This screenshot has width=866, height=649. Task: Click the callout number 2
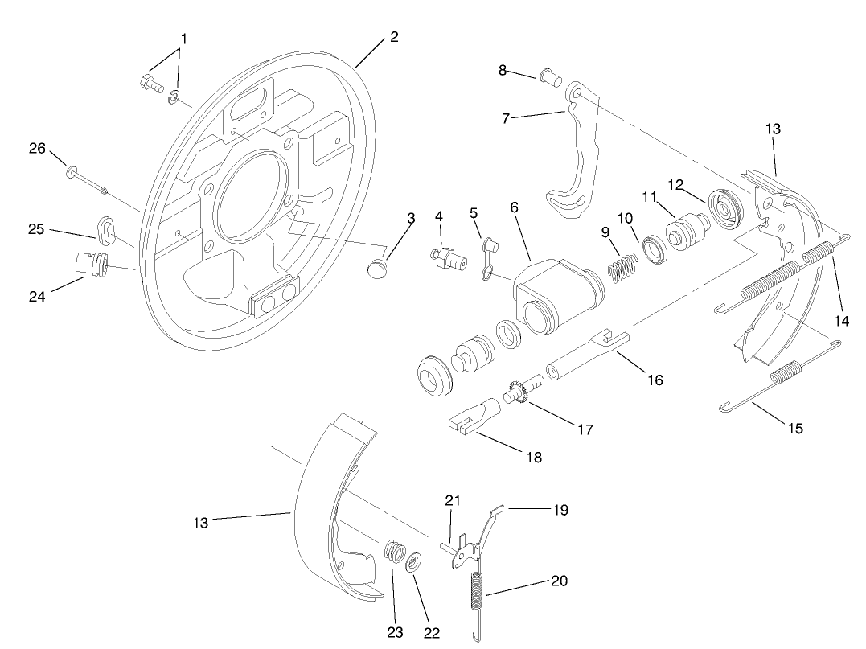tap(393, 37)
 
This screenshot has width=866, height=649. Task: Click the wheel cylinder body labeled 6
tap(554, 294)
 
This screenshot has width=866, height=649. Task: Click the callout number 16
tap(655, 380)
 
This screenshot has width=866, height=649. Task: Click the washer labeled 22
tap(416, 562)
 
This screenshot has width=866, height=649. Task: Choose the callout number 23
tap(394, 632)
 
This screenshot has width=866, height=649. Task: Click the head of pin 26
tap(72, 171)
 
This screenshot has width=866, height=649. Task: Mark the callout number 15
tap(794, 429)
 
